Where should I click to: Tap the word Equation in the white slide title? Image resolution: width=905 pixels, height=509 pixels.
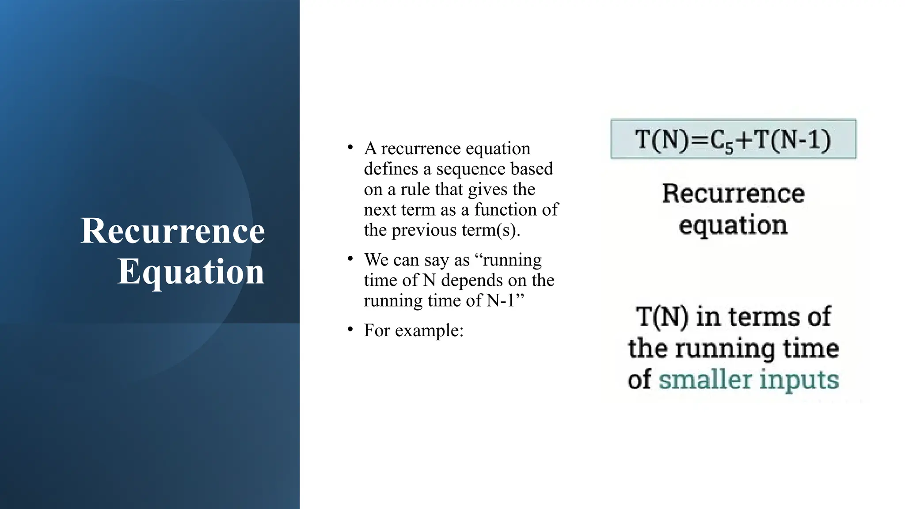(190, 271)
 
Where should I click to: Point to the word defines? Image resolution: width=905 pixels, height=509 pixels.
(391, 169)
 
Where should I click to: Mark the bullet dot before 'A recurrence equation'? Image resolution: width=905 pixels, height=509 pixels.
(350, 147)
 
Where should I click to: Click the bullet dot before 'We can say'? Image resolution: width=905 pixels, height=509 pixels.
(350, 258)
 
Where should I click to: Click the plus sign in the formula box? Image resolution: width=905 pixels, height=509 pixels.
(744, 140)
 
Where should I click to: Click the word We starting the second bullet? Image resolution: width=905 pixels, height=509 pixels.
(376, 260)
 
